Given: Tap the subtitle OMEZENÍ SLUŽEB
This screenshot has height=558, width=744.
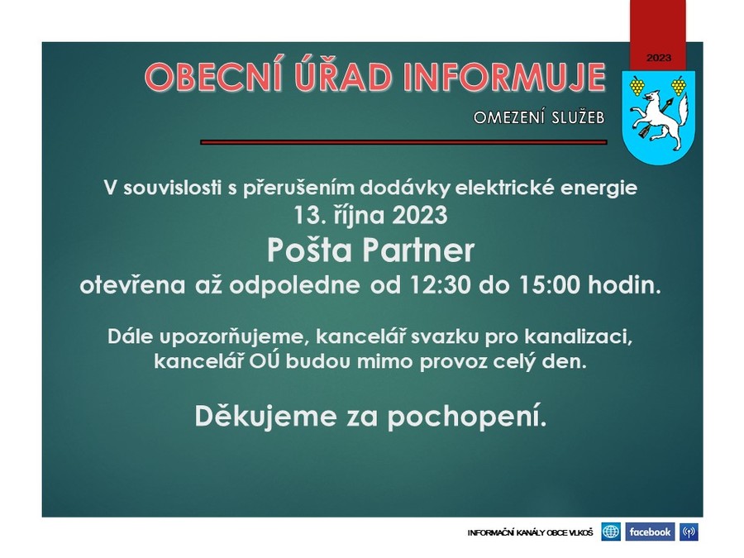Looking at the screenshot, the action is (539, 117).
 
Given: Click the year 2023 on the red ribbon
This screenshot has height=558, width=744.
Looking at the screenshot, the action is (659, 58).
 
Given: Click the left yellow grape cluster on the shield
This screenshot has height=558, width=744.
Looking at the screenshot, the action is (637, 86).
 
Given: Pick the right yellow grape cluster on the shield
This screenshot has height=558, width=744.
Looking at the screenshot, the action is (679, 86).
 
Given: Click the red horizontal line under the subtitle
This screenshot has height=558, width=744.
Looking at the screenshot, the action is (403, 142).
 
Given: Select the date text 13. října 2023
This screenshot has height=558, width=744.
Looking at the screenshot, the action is (370, 215).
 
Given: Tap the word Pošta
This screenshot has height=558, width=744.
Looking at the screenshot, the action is (309, 250).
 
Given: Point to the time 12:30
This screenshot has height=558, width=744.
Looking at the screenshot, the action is (438, 286).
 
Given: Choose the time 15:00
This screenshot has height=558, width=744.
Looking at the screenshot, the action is (550, 286).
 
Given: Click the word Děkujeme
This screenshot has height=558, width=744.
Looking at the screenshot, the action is (265, 416).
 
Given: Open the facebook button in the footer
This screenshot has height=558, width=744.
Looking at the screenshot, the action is (650, 532).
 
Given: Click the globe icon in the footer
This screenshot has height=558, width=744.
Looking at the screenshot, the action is (611, 532).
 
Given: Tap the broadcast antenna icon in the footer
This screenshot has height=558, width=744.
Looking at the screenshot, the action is (689, 532).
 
